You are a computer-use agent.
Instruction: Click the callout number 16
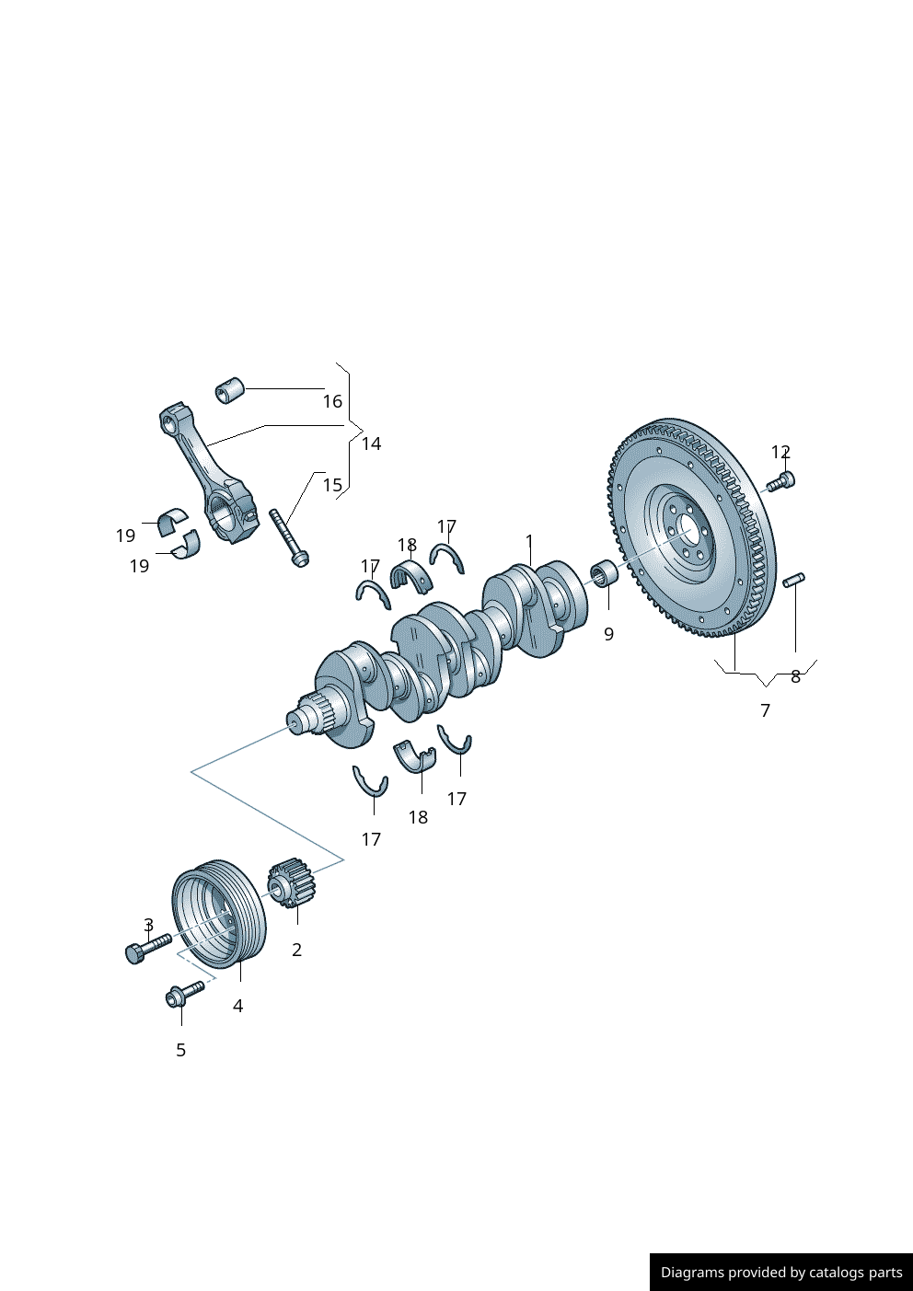332,401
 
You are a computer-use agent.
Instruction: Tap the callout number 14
371,444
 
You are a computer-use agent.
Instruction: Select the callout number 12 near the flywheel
780,452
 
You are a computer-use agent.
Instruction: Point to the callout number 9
608,634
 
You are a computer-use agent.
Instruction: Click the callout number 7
765,710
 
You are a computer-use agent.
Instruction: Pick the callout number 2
296,950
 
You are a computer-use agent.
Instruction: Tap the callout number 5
180,1050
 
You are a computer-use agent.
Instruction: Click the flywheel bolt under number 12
781,480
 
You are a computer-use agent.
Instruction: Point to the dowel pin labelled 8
793,580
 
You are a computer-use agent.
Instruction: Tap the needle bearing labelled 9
604,576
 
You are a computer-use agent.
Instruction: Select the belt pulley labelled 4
219,915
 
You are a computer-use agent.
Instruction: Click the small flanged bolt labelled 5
184,993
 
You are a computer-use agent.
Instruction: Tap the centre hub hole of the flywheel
687,531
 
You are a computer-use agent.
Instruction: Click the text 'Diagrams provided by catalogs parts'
781,1273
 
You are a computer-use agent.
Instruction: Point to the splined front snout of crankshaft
308,717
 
